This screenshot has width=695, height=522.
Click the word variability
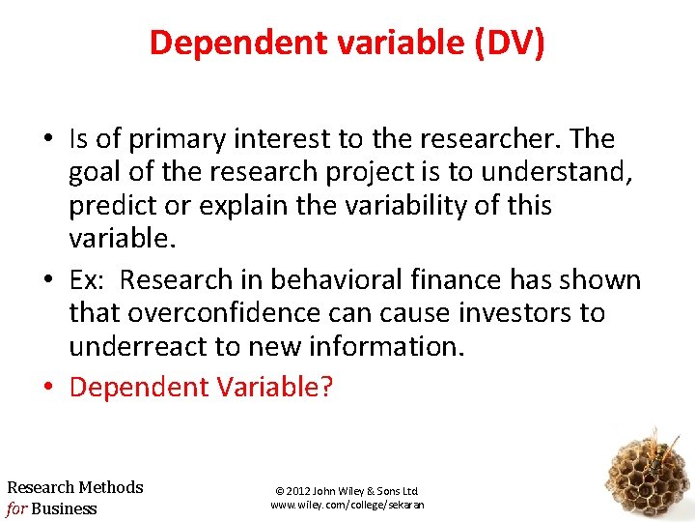pyautogui.click(x=415, y=207)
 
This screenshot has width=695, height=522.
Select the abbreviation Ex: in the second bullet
pyautogui.click(x=89, y=280)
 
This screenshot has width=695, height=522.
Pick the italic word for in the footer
pyautogui.click(x=16, y=508)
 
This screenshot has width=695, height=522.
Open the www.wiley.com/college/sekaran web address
pyautogui.click(x=347, y=505)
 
